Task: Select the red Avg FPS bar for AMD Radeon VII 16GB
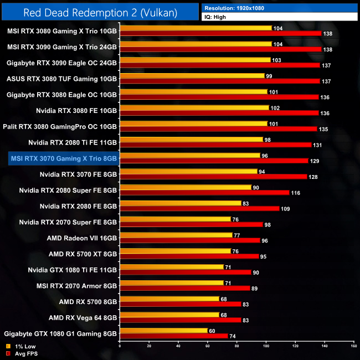point(190,240)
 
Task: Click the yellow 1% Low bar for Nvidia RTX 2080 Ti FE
point(192,140)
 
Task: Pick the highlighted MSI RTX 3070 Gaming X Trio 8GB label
point(64,158)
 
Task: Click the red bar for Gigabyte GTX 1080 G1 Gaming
point(174,336)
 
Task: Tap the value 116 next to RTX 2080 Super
point(298,192)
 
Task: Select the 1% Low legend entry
point(20,346)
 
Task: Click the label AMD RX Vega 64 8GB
point(83,317)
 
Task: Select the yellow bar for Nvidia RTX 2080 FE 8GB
point(181,203)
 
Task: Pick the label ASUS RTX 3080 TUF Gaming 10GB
point(62,79)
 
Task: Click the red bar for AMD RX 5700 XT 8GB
point(189,256)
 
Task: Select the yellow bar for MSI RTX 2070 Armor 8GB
point(172,283)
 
